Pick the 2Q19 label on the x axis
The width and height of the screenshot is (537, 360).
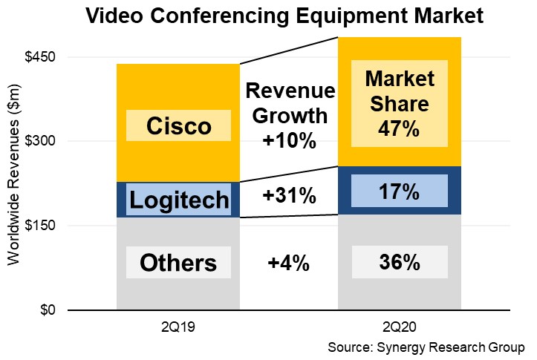point(178,327)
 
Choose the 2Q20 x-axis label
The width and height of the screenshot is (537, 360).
point(400,327)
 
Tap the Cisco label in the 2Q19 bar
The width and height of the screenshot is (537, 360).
point(179,126)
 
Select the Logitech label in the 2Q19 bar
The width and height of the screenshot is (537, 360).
point(179,200)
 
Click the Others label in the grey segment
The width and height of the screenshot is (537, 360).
point(178,263)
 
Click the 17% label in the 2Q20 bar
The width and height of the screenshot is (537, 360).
point(400,192)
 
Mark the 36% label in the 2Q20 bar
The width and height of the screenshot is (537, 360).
point(400,263)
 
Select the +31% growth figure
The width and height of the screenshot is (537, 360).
point(290,196)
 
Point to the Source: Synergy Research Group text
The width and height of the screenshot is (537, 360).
point(426,347)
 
